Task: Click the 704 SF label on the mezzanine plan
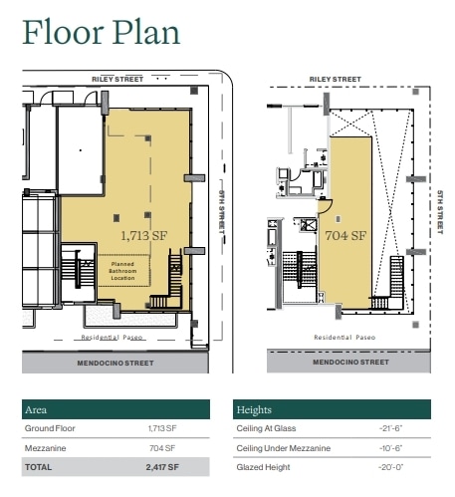346,236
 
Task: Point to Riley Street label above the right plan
334,78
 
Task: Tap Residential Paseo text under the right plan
347,338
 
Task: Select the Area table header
37,409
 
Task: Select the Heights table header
255,409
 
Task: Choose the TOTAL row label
41,467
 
